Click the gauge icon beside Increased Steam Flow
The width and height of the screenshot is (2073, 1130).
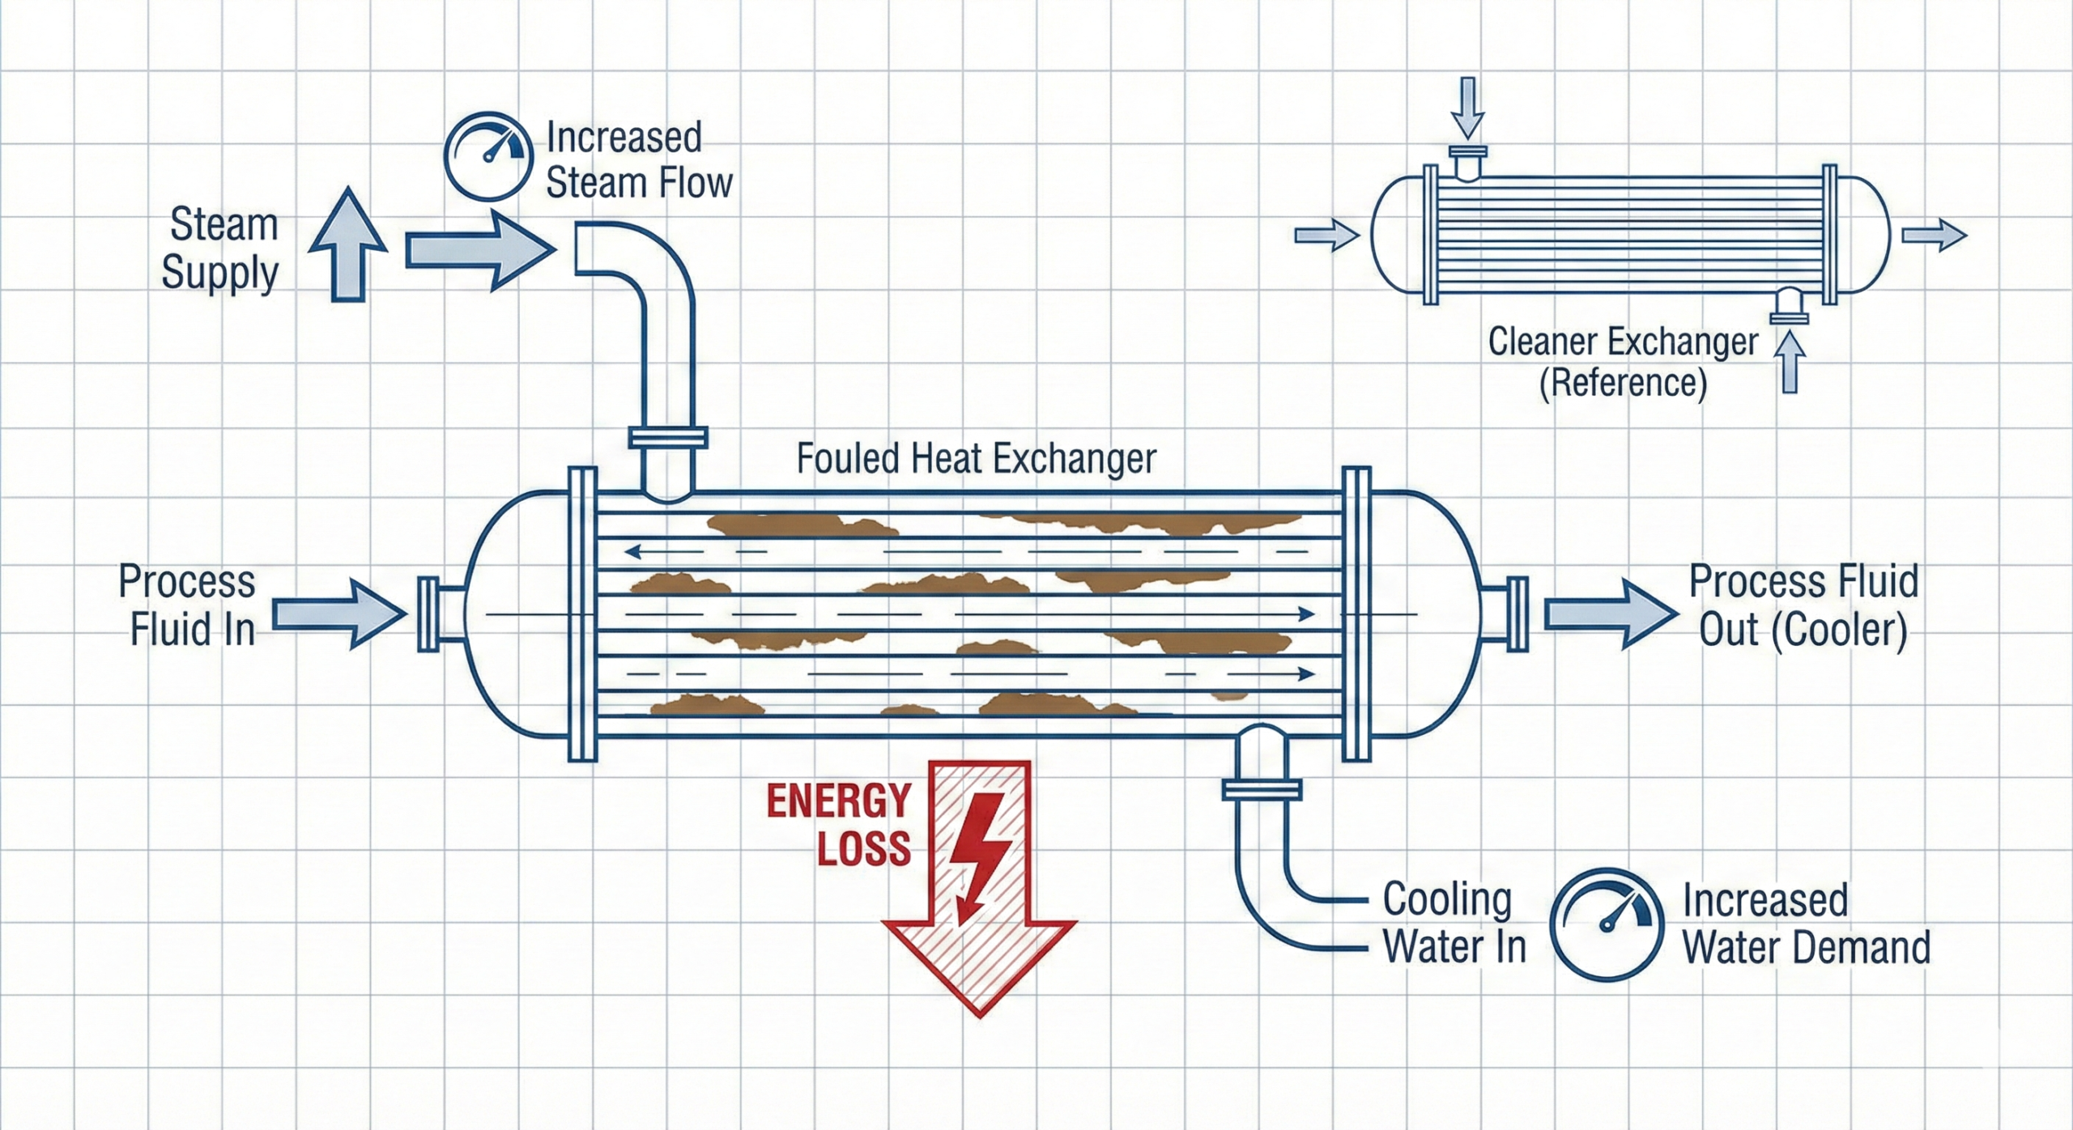coord(488,157)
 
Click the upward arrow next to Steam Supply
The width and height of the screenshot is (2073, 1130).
coord(348,245)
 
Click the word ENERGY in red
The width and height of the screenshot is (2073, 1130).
coord(839,801)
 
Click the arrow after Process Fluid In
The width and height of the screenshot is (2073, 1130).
coord(338,614)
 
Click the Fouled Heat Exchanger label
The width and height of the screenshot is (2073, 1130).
coord(976,459)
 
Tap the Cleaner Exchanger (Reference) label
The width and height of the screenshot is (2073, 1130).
coord(1623,361)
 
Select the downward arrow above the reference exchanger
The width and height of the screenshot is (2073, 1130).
coord(1467,108)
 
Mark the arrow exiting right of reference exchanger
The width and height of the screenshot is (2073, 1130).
coord(1934,236)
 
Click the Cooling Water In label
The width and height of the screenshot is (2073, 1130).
coord(1454,923)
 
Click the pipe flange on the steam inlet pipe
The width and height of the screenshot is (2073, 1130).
coord(668,438)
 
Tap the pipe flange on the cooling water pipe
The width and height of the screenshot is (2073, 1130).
coord(1262,788)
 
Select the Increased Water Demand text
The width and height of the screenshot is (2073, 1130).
coord(1805,924)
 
